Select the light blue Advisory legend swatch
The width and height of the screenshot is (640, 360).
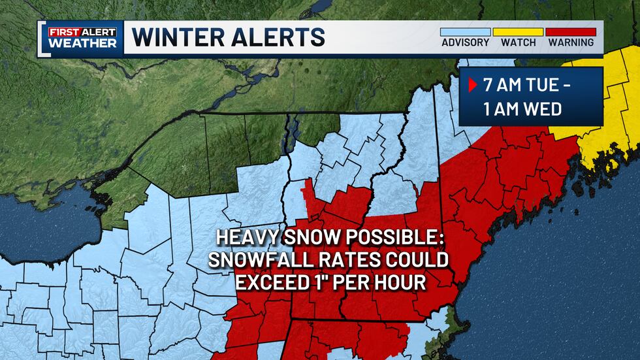click(x=465, y=31)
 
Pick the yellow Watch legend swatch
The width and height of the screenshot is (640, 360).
click(x=518, y=31)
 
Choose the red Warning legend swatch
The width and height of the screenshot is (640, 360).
click(x=571, y=31)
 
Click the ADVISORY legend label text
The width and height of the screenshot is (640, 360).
click(x=465, y=42)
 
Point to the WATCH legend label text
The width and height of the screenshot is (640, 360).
click(x=518, y=42)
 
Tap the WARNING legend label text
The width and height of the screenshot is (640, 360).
click(x=571, y=42)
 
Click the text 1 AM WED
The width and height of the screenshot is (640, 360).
click(x=522, y=108)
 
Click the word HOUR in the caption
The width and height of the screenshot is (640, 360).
click(x=404, y=283)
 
